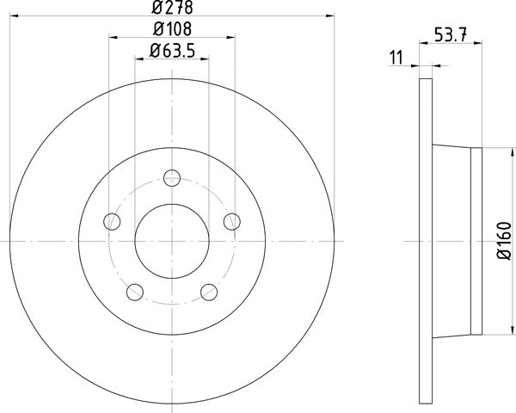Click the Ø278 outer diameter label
pos(172,9)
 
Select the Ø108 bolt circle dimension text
pos(172,29)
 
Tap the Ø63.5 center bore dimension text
pos(173,51)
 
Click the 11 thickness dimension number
pos(396,57)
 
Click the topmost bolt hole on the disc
pos(172,178)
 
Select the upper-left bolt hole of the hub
pos(111,222)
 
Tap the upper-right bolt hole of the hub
pos(230,222)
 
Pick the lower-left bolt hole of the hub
pos(134,293)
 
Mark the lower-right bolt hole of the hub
pos(209,293)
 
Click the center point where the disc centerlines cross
pos(172,242)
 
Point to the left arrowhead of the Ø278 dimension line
pos(15,16)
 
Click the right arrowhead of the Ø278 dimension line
pos(328,16)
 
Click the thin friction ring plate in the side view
pos(426,242)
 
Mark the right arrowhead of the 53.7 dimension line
pos(478,65)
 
